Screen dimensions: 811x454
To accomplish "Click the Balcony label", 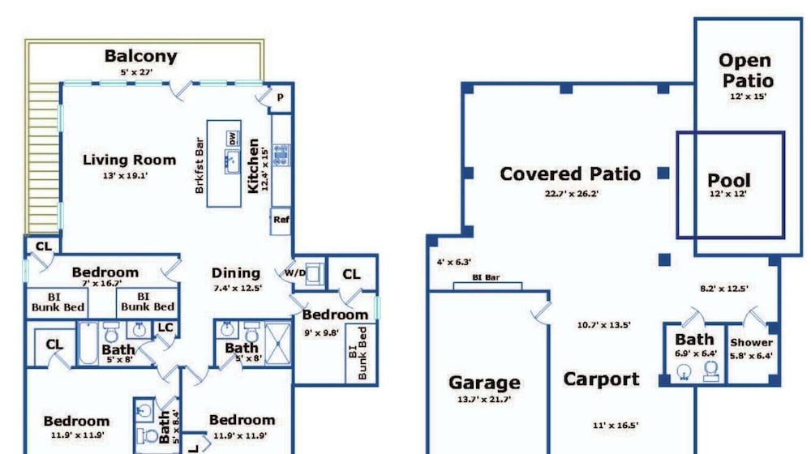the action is (x=140, y=56).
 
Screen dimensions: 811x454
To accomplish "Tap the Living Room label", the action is (x=129, y=160).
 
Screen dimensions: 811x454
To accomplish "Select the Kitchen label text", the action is (x=253, y=166).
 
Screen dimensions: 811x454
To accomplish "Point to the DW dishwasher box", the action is (x=233, y=139).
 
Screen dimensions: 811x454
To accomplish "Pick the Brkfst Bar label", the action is (x=200, y=165).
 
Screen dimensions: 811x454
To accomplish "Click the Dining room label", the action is (x=236, y=273).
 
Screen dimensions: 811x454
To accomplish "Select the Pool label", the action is (x=729, y=181).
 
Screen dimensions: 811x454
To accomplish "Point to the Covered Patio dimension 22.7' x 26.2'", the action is (x=572, y=194).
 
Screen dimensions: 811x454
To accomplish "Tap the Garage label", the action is (x=485, y=383).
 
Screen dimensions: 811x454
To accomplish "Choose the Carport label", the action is (x=601, y=379).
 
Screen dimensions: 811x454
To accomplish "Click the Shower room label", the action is (x=752, y=342).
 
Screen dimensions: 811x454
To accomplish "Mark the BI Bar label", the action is (x=486, y=278).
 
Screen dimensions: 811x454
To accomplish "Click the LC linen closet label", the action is (x=165, y=328).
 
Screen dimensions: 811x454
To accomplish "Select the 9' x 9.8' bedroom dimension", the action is (x=322, y=333).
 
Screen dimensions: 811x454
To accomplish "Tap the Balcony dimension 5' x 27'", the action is (x=136, y=72).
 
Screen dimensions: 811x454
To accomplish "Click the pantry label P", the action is (x=281, y=96).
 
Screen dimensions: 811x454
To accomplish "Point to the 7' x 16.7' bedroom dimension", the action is (x=102, y=284).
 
